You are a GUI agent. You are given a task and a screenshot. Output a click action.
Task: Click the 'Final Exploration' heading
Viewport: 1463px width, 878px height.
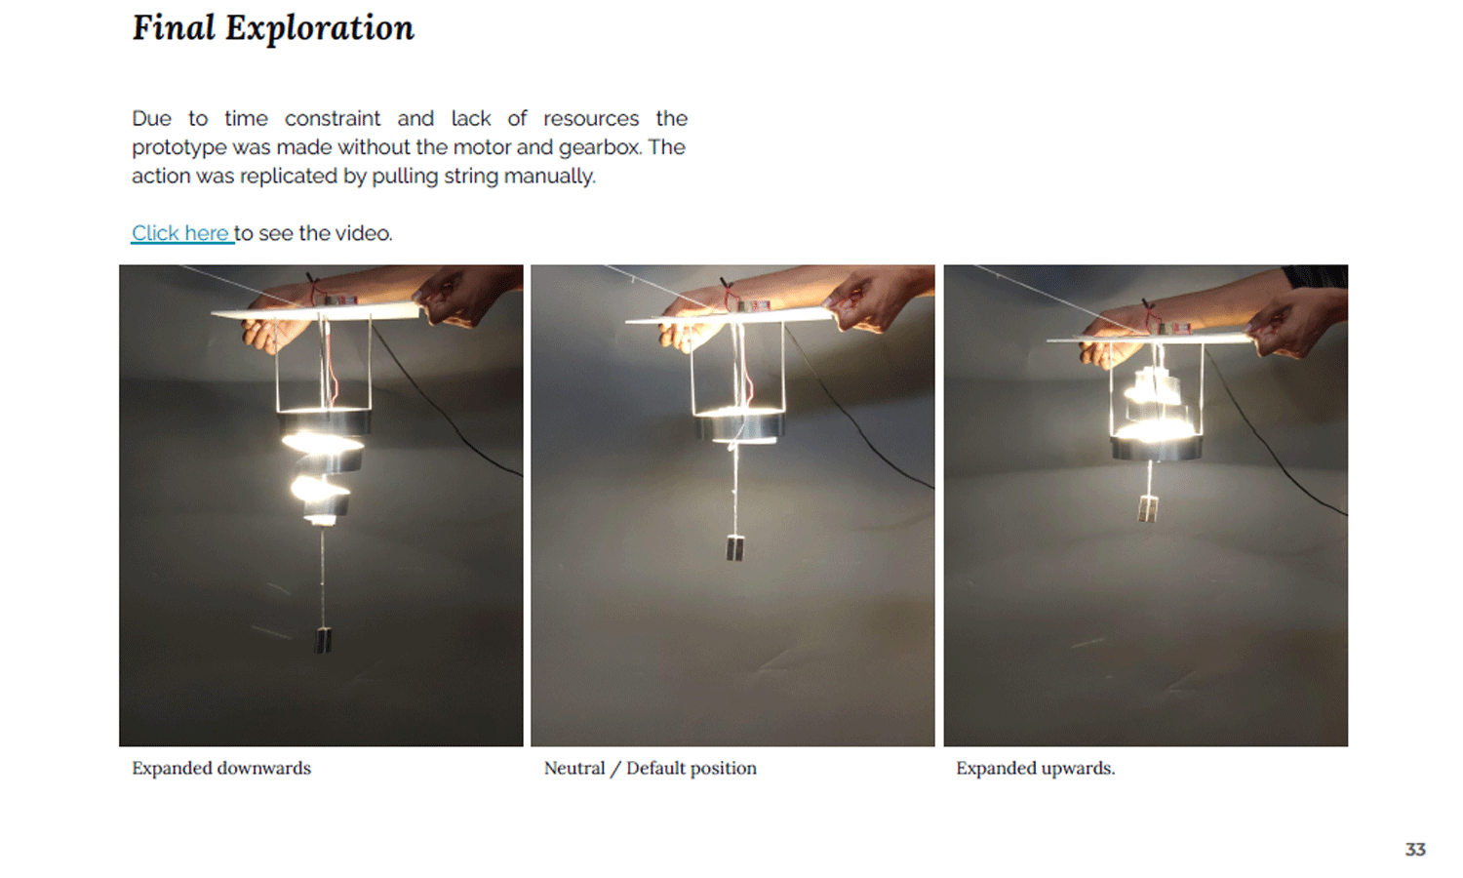click(273, 28)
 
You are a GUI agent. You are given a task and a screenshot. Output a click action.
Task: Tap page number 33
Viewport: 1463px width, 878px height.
click(1414, 850)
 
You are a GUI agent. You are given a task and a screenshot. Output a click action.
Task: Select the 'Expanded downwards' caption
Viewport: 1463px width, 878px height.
click(221, 769)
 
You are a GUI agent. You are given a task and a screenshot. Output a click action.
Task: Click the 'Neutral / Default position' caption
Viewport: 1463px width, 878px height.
click(650, 769)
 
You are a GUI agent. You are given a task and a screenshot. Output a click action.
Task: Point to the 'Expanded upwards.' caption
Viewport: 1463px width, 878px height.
click(1035, 769)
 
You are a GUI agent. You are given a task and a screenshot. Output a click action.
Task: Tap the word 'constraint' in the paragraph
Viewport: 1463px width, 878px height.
click(333, 118)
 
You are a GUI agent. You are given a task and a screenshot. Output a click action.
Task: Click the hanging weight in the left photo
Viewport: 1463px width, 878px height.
click(323, 640)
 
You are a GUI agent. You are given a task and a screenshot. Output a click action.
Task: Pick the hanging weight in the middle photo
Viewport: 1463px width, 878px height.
click(734, 547)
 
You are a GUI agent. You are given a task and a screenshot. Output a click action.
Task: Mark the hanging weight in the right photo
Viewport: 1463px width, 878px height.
click(1148, 509)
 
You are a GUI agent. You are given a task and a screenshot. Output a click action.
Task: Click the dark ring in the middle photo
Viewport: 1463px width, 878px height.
click(739, 426)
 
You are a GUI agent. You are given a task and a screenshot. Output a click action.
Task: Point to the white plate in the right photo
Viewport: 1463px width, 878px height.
click(1150, 338)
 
